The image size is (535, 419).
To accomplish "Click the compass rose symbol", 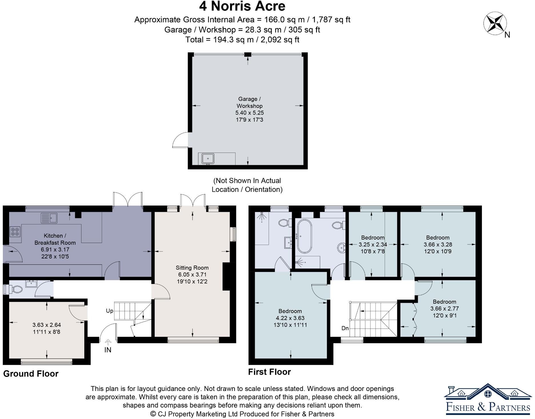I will click(495, 23).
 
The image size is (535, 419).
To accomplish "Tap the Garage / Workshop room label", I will click(249, 102).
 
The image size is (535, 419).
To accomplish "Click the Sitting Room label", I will click(192, 268).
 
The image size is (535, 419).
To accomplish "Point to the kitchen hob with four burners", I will click(15, 231).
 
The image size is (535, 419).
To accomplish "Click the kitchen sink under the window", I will click(49, 218).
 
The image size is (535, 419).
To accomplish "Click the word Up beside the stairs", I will click(109, 311).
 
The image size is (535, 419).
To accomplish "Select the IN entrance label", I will click(108, 350).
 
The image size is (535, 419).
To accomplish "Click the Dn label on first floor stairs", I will click(345, 328).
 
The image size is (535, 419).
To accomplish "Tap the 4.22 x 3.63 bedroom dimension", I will click(290, 318).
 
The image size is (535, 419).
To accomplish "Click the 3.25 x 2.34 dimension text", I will click(373, 244).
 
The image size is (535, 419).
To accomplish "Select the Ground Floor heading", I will click(31, 374).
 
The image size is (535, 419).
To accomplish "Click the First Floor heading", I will click(270, 372).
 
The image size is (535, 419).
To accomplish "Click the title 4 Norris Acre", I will click(242, 6).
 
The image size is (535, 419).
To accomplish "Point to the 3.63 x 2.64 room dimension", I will click(47, 325).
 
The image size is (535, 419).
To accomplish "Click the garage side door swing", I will click(180, 140).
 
